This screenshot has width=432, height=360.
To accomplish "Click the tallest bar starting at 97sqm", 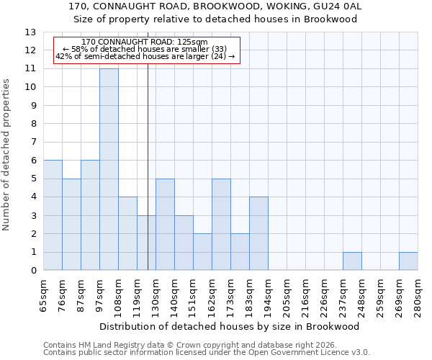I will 109,169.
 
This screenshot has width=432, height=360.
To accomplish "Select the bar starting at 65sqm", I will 53,215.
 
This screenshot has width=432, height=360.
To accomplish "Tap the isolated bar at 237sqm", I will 352,261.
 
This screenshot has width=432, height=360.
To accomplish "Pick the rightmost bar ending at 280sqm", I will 408,261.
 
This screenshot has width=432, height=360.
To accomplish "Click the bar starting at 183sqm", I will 258,234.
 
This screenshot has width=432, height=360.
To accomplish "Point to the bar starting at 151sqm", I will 202,252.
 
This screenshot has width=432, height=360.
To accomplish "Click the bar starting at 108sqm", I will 127,234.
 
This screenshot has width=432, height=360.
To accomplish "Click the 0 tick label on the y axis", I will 33,271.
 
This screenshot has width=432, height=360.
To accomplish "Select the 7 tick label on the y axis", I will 33,143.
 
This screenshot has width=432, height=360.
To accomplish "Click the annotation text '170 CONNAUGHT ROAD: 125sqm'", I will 145,42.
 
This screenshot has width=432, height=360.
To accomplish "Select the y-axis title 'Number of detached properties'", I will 7,155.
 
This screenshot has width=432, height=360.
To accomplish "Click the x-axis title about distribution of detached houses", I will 230,326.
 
